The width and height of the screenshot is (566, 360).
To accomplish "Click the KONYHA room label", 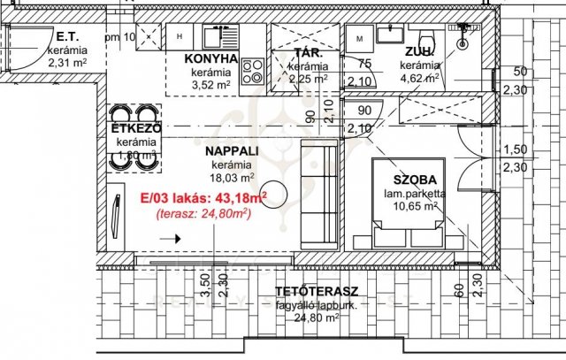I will (211, 59).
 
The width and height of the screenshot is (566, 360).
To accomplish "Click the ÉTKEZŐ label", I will (135, 129).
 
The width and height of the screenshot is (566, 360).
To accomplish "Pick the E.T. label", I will (68, 37).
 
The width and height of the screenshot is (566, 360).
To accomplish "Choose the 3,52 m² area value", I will (210, 86).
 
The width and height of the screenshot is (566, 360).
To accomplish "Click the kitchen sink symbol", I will (215, 37).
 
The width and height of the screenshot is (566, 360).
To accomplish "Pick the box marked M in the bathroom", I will (358, 40).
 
